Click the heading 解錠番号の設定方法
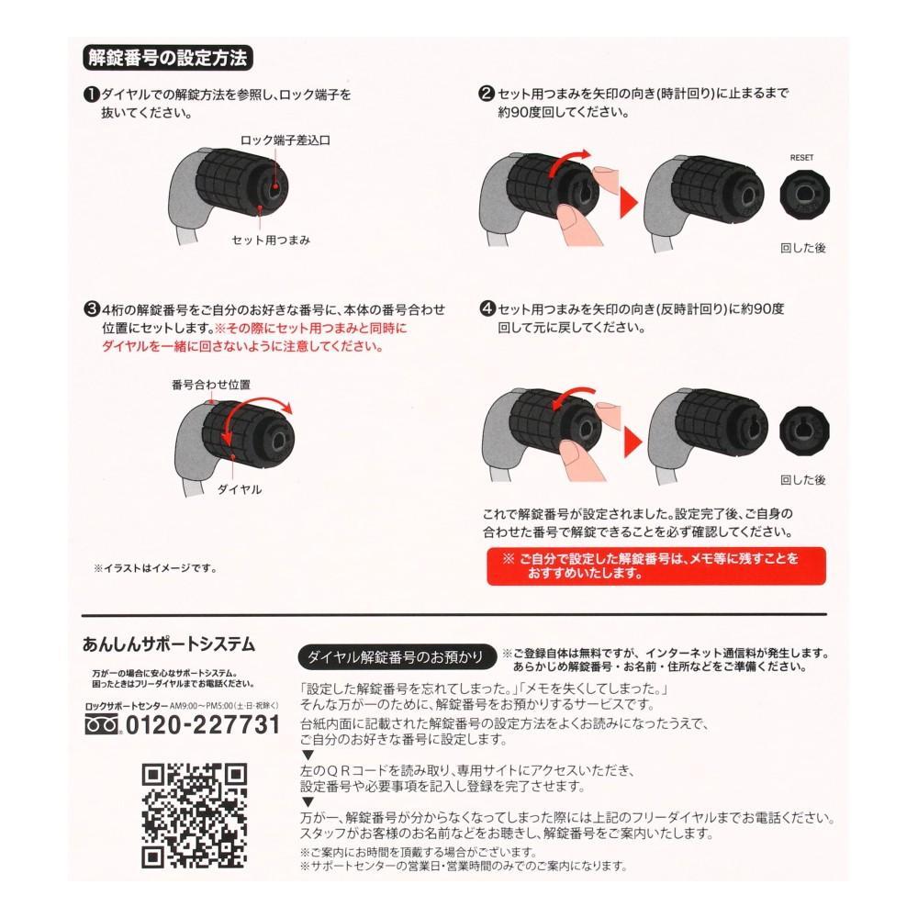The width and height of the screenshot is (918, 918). click(x=166, y=58)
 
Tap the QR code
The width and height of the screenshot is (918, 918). click(x=194, y=815)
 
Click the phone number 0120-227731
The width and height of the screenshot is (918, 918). click(x=202, y=725)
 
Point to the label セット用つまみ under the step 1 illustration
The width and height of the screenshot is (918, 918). click(x=271, y=241)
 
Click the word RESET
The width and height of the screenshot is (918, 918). click(x=801, y=157)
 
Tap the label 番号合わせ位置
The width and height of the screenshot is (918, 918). click(x=211, y=385)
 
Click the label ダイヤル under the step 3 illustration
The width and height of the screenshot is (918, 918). click(x=239, y=490)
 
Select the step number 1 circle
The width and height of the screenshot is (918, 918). click(x=91, y=95)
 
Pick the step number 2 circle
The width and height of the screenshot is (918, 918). click(x=487, y=94)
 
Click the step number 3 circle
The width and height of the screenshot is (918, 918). click(x=91, y=309)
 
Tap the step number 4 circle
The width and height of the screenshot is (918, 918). click(x=487, y=309)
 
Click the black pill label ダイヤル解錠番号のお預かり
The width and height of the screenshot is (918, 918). click(x=396, y=656)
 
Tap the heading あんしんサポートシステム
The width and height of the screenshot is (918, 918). click(x=169, y=644)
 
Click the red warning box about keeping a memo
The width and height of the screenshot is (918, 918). click(x=656, y=565)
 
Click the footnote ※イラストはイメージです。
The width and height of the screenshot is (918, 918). click(x=155, y=568)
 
